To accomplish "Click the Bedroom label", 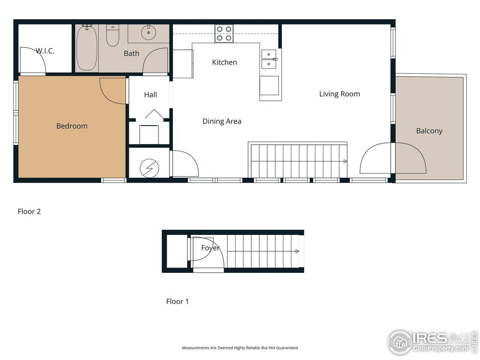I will point(72,126).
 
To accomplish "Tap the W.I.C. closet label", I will point(45,51).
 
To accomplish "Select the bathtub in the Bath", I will point(87,48).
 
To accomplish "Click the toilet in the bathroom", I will point(112,36).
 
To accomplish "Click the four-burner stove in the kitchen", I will point(224,33).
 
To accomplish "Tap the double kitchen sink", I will point(269,59).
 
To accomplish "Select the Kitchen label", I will point(224,62).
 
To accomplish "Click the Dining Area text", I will point(222,121).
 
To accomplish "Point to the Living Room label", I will point(339,94).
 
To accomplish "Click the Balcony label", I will point(429,131).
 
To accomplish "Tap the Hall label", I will point(150,95).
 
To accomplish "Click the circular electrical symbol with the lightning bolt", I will point(149,169).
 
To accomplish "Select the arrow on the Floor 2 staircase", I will point(345,161).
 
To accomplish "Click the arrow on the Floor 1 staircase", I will point(297,251).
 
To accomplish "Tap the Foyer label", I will point(210,248).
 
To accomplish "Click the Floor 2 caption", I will point(29,211).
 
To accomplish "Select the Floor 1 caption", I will point(177,301).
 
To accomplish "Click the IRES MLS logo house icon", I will point(400,342).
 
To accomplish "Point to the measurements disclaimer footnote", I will point(240,348).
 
